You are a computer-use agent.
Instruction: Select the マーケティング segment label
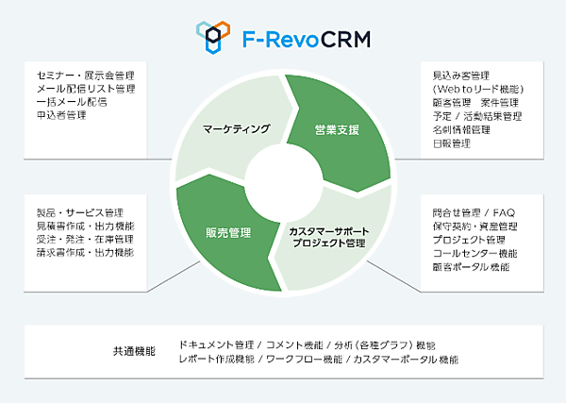click(237, 129)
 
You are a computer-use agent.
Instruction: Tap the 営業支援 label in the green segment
click(337, 129)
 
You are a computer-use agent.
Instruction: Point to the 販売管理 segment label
click(229, 232)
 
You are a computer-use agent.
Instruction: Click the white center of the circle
click(283, 180)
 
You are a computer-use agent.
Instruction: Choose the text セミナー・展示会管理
click(84, 76)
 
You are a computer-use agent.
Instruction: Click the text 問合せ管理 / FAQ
click(473, 212)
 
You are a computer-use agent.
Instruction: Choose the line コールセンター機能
click(474, 253)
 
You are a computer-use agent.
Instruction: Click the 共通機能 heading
click(133, 352)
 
